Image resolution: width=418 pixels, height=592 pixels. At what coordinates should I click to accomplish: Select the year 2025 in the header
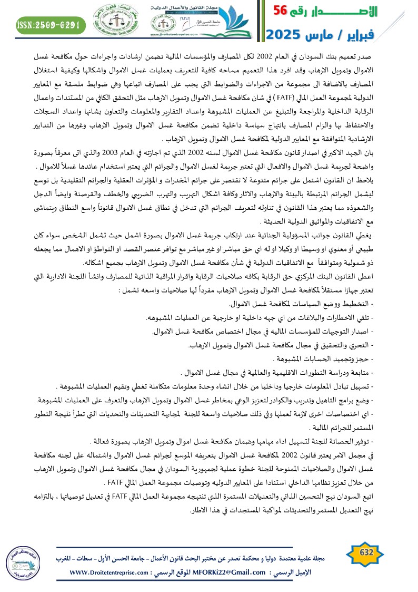(284, 35)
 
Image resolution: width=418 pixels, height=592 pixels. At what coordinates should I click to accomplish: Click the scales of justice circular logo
(114, 24)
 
